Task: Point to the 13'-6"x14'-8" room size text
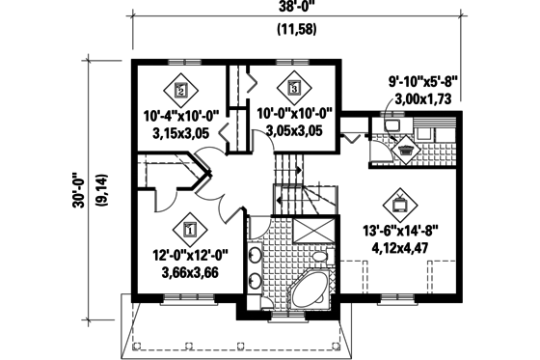click(x=403, y=231)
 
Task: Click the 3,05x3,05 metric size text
click(x=296, y=129)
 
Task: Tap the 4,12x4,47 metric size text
click(x=403, y=247)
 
